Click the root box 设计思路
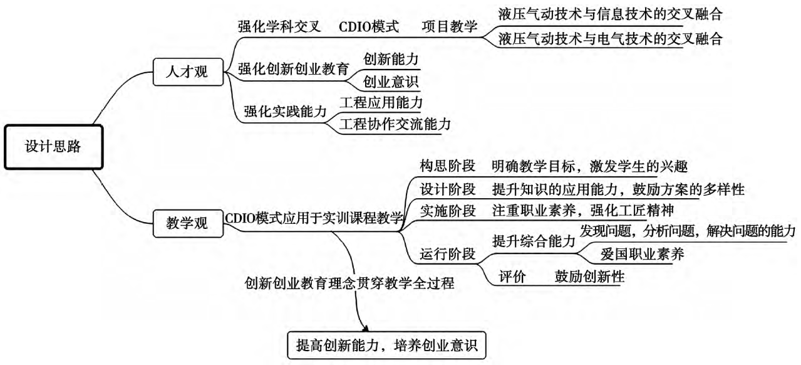54,147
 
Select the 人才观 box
188,72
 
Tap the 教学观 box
188,223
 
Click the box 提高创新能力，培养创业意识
386,346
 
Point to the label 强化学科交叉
279,26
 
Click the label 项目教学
450,26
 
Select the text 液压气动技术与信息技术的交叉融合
611,14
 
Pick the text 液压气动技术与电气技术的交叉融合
611,38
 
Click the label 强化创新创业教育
293,69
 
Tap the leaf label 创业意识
391,82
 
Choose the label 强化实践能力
285,111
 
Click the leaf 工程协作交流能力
395,124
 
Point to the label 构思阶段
447,166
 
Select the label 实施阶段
447,211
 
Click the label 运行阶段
447,253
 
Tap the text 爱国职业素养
642,254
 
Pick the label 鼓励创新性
590,276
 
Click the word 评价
512,277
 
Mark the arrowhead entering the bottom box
365,329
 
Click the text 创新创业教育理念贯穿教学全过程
349,283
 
